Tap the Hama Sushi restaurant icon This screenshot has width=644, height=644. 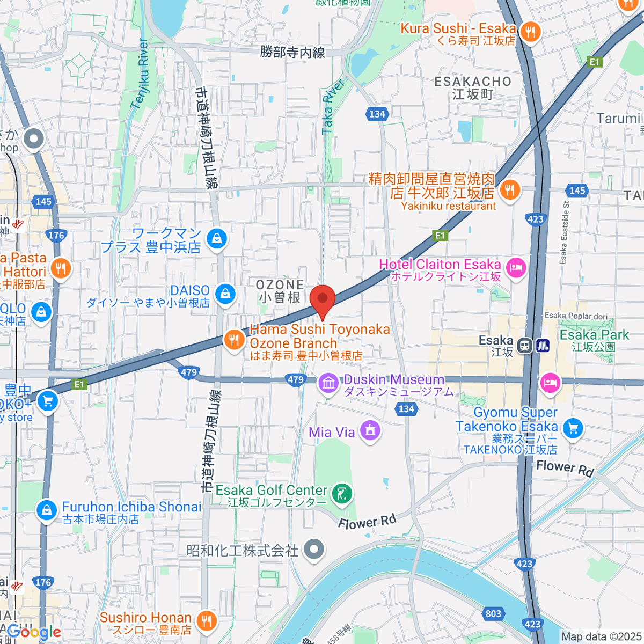pos(234,340)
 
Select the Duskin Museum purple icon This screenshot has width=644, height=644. pos(328,383)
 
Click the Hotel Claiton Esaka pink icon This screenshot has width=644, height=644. pos(516,268)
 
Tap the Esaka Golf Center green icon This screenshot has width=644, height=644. pos(342,494)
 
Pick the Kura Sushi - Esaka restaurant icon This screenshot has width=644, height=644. pos(530,32)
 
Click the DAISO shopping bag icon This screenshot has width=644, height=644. pos(225,294)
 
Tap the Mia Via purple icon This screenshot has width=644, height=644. pos(370,431)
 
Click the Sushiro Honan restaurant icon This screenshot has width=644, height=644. pos(206,621)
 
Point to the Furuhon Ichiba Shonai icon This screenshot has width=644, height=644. pos(47,510)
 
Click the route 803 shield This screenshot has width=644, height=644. pos(493,614)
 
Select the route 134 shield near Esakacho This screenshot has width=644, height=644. pos(377,114)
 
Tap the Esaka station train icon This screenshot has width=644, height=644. pos(525,346)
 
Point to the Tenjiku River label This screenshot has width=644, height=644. pos(139,74)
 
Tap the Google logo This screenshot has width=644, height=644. pos(34,632)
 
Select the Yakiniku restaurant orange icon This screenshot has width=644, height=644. pos(509,189)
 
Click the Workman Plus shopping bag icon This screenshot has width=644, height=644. pos(217,238)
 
